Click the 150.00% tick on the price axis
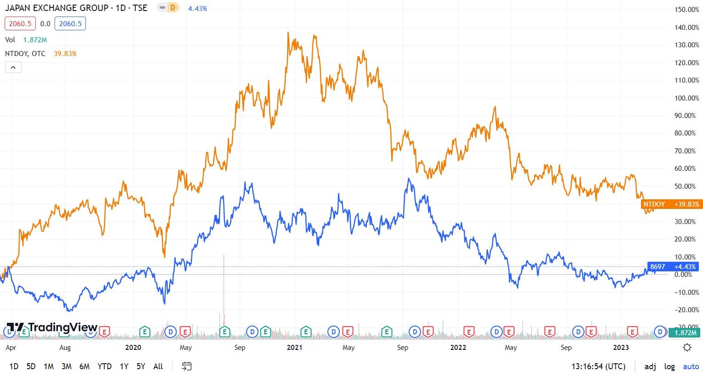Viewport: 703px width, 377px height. point(686,10)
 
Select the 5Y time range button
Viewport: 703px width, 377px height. point(141,366)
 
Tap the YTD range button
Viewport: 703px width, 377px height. point(105,366)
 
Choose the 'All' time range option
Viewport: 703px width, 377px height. point(158,366)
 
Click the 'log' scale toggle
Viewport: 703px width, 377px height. point(669,366)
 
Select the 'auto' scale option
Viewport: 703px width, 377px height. point(691,366)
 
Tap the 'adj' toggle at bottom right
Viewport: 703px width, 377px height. point(650,366)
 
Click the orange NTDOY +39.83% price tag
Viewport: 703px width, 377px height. point(671,204)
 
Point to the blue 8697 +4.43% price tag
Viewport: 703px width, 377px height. point(673,267)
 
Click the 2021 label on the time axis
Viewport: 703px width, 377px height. point(294,348)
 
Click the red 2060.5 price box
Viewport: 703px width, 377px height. point(20,23)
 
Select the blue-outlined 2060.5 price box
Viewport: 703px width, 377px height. point(70,23)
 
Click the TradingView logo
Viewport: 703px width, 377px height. point(51,327)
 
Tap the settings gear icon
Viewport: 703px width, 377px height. point(687,347)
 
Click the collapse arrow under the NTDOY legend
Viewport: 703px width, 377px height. point(13,68)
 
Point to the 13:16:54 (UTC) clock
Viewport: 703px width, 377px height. point(598,366)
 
